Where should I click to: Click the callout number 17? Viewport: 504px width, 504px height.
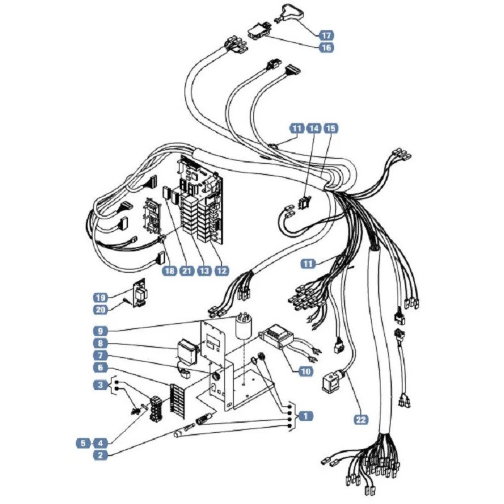326,35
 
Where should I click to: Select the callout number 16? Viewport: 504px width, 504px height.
326,48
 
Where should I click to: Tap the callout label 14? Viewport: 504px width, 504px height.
314,129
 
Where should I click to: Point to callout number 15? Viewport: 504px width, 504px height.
331,129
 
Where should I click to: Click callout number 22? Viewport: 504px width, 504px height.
360,420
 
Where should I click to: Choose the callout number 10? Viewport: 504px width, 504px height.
306,372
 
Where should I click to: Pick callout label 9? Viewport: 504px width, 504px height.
101,331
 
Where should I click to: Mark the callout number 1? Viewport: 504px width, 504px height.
306,416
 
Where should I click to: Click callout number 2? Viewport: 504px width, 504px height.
101,455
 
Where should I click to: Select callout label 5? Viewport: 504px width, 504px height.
83,444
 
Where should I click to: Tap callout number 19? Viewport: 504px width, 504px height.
101,297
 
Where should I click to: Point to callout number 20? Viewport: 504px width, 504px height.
101,309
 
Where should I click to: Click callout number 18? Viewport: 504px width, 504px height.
169,271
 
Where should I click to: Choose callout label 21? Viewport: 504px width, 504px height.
186,271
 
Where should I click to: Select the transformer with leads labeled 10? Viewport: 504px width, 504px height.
277,336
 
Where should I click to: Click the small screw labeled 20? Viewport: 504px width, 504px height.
125,301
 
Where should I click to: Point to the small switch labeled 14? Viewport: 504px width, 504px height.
304,202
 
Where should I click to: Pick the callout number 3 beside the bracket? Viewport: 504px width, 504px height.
101,385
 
